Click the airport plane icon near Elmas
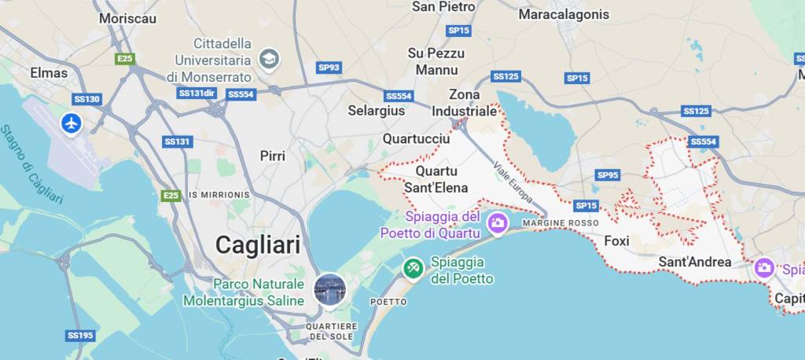[72, 123]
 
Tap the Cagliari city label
[258, 244]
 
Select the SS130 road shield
[86, 99]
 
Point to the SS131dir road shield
[197, 93]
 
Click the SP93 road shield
[329, 68]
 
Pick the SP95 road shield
[608, 175]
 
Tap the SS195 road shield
[80, 336]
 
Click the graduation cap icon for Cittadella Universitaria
[270, 59]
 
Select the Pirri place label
[273, 156]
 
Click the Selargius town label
[377, 111]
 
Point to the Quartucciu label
[416, 138]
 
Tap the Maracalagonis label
[564, 14]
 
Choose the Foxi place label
[616, 241]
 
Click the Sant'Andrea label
[695, 262]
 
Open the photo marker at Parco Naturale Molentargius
[329, 289]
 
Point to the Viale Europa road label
[513, 183]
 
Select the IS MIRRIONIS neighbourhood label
[219, 194]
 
